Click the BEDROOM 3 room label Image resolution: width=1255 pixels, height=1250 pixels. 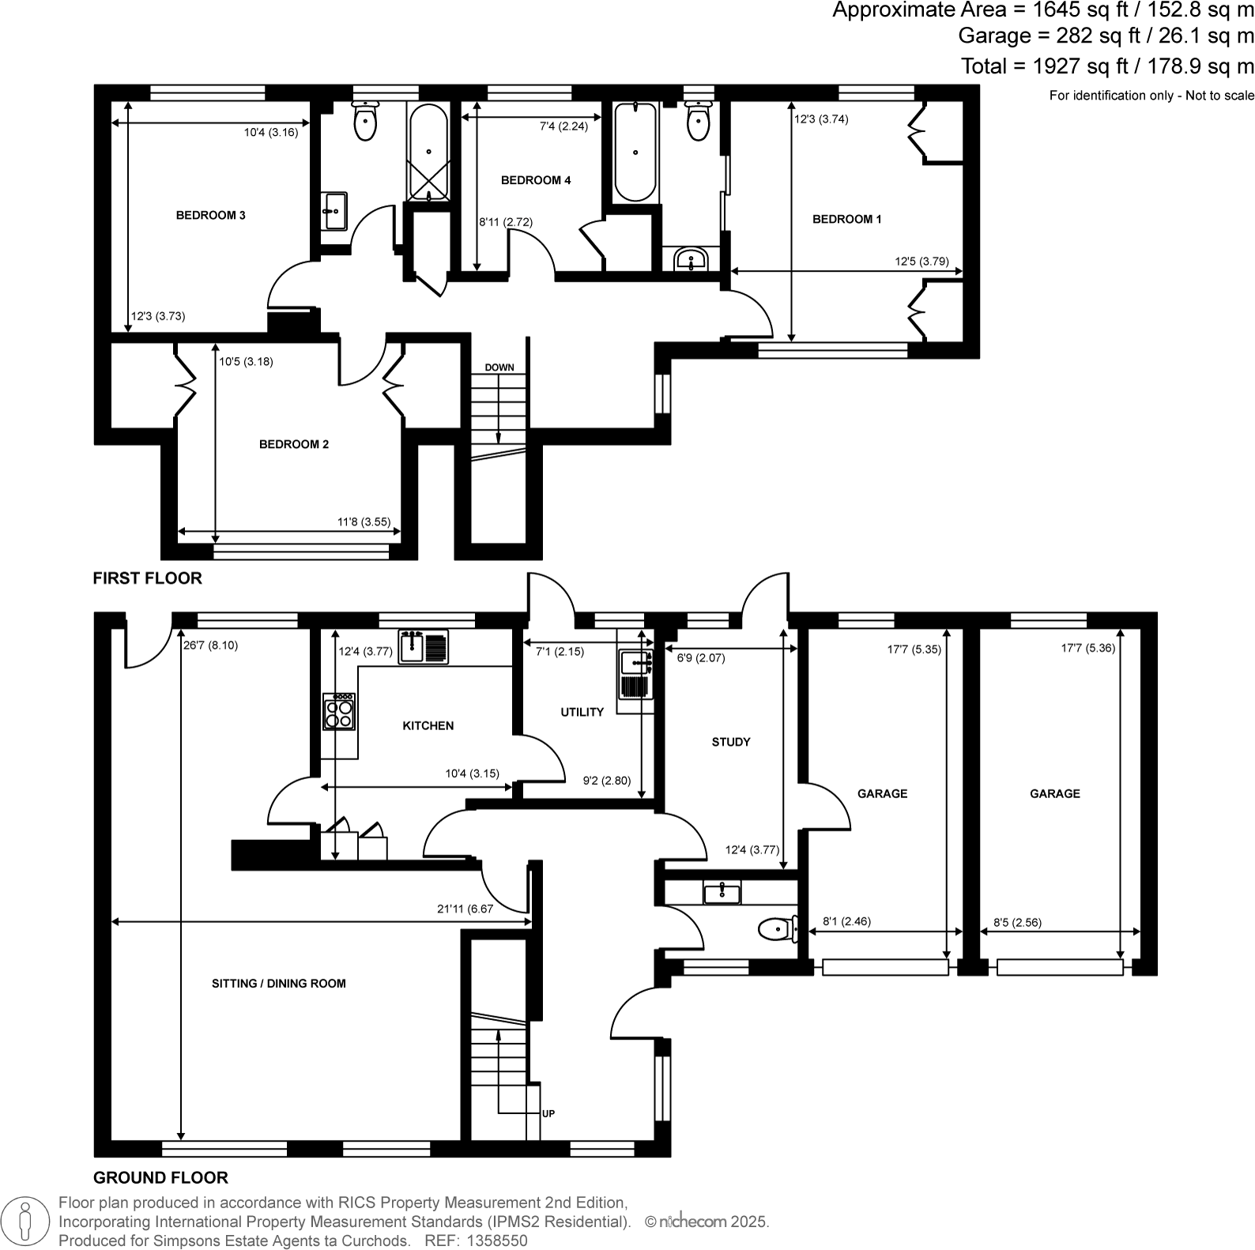(x=210, y=215)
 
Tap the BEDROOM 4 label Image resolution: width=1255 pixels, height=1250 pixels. (x=535, y=180)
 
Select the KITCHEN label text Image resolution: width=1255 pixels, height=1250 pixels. (x=428, y=725)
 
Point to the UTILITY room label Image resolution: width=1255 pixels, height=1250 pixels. (x=582, y=712)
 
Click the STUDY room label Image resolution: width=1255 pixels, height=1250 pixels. (x=730, y=742)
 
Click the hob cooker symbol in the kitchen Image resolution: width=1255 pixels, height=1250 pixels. (x=339, y=711)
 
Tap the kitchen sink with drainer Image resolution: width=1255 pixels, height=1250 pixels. (x=423, y=647)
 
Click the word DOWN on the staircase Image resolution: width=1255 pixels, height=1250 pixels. (x=499, y=367)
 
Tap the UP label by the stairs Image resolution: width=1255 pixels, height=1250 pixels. (x=548, y=1113)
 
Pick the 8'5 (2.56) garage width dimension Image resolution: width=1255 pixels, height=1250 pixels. (x=1017, y=921)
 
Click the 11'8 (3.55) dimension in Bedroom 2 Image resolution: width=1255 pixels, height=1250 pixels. (x=364, y=521)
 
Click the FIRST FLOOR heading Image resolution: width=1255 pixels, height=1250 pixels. (x=148, y=578)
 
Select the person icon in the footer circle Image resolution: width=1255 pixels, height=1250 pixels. (x=25, y=1222)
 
